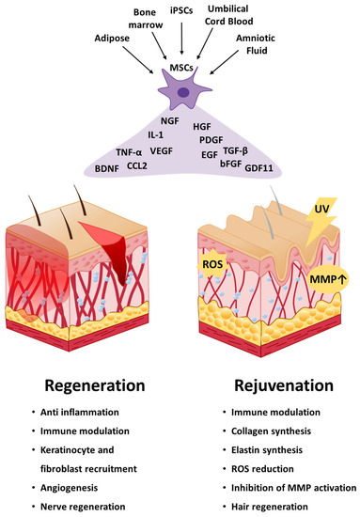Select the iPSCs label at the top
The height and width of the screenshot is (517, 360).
click(x=182, y=9)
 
